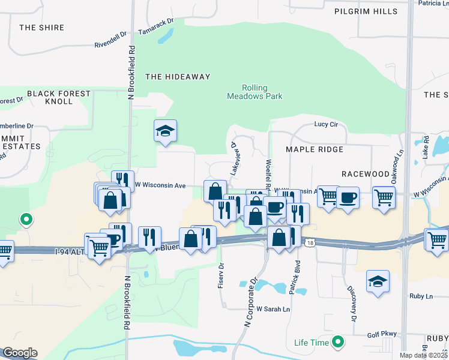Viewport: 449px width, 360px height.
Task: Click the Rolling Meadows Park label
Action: (255, 92)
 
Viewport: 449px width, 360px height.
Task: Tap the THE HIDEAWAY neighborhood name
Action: (178, 77)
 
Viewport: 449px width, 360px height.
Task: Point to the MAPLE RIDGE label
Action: (315, 149)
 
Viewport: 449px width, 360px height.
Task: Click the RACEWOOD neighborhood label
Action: (366, 174)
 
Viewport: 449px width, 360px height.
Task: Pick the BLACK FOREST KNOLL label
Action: (58, 97)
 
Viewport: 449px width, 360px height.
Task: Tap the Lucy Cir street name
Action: (327, 125)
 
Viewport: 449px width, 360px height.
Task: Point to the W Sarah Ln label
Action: (273, 310)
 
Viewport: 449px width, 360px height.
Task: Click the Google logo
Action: (20, 353)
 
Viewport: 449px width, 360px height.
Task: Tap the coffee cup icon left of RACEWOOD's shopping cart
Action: (348, 197)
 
